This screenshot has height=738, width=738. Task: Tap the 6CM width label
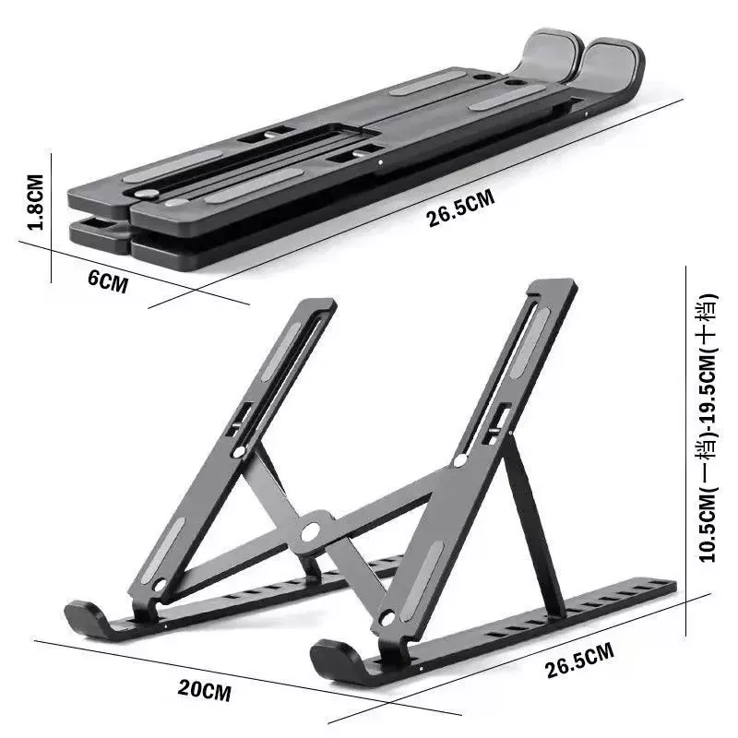tap(108, 280)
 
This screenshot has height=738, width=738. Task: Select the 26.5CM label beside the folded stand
tap(460, 208)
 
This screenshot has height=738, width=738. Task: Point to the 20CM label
tap(204, 688)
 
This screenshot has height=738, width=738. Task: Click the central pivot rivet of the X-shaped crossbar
tap(312, 531)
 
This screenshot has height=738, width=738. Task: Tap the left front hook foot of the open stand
tap(86, 617)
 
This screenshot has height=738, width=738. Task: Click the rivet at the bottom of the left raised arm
tap(159, 585)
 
